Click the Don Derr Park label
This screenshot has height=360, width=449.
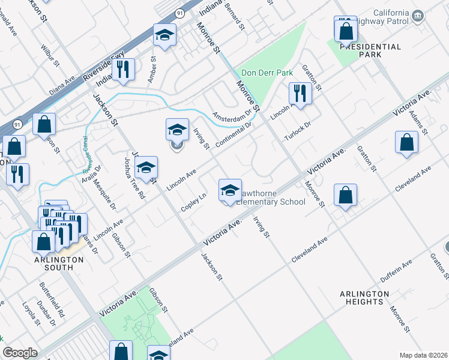coord(267,73)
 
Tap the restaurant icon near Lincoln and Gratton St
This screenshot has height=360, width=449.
coord(298,93)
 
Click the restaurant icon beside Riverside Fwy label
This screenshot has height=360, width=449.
coord(123,69)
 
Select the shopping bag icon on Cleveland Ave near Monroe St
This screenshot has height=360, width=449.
coord(345,196)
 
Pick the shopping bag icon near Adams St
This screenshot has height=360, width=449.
coord(406,143)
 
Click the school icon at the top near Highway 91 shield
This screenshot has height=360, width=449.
coord(164,35)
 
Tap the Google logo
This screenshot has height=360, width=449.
coord(20,353)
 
